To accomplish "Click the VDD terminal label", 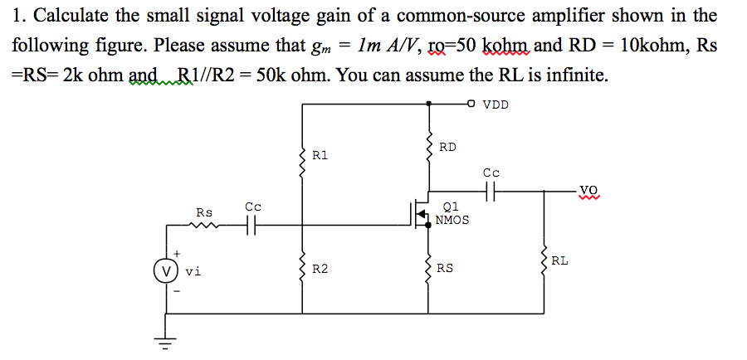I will [496, 105].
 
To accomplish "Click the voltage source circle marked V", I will [167, 270].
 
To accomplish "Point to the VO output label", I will [588, 188].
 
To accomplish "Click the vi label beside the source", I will [193, 270].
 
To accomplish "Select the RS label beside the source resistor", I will [446, 268].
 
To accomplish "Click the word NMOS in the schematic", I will [452, 221].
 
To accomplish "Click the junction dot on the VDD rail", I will [428, 104].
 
